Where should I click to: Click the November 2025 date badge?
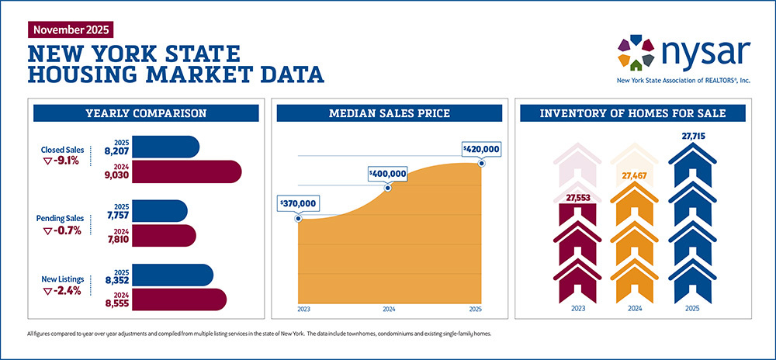[70, 30]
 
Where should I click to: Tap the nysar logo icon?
[636, 52]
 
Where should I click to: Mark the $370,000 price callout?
[298, 203]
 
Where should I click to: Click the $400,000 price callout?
[387, 173]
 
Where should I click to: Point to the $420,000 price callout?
[481, 148]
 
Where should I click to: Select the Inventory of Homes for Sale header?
[632, 114]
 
